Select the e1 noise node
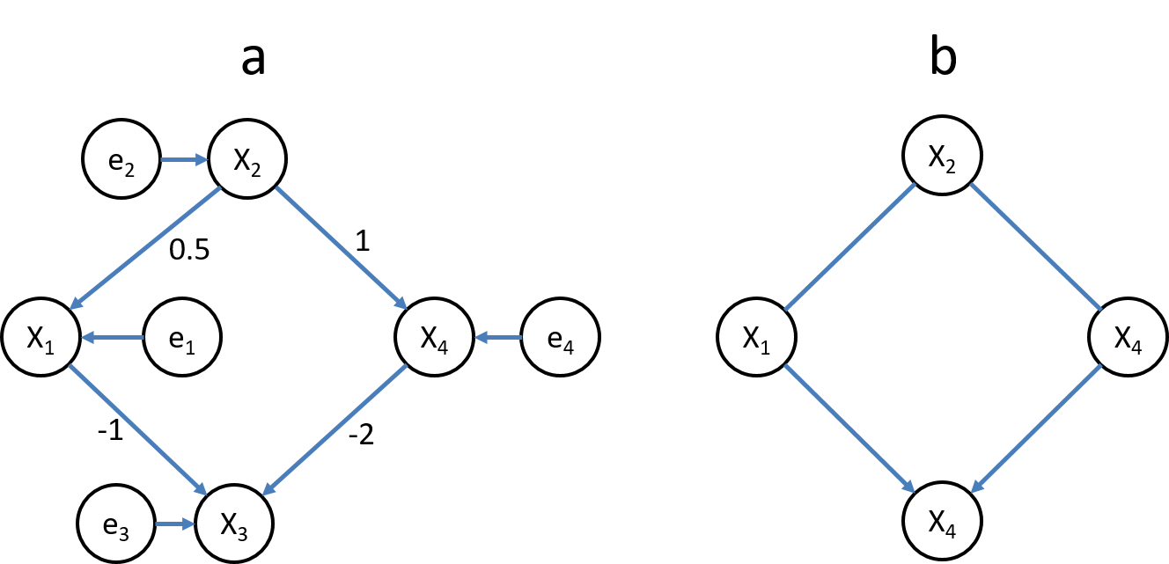click(181, 337)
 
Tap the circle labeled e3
click(117, 525)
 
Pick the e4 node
click(560, 337)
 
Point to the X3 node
click(234, 525)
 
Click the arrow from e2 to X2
click(183, 160)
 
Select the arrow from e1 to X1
click(113, 337)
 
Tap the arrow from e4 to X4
click(498, 337)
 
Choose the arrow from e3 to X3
click(175, 525)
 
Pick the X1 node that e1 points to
click(40, 337)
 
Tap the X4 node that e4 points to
click(435, 337)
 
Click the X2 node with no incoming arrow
click(943, 159)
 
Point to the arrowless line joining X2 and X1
click(849, 248)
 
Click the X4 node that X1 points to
click(943, 525)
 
